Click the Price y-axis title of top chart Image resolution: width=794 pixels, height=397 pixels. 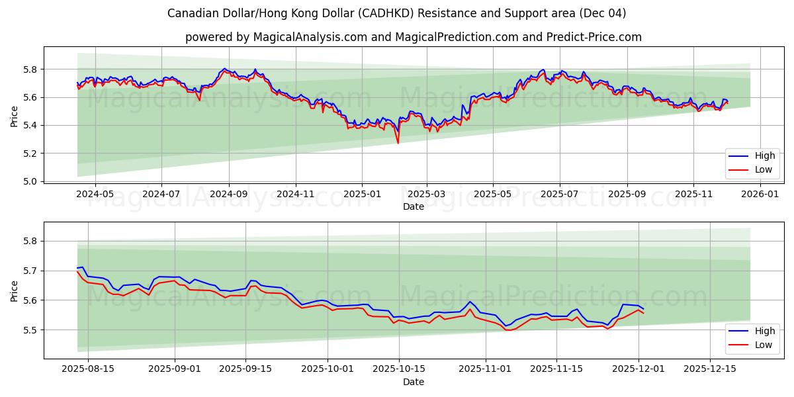(x=15, y=116)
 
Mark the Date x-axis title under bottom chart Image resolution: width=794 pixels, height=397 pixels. (x=414, y=382)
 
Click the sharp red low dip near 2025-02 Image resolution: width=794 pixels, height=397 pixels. (x=398, y=142)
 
